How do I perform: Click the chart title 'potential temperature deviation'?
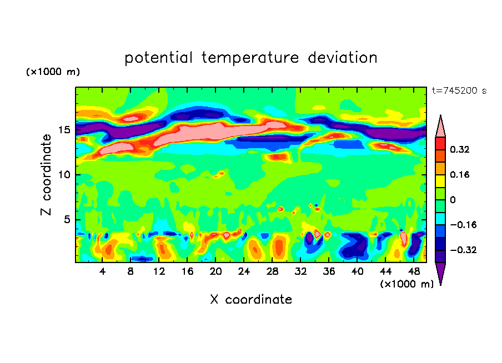251,58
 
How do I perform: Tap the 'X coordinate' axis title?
251,300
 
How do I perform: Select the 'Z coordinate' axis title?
47,175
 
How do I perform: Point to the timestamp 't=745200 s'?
459,91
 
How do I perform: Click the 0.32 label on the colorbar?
460,149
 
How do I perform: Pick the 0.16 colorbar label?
460,174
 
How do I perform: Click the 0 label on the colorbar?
453,200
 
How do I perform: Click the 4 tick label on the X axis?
103,271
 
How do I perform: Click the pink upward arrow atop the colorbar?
440,126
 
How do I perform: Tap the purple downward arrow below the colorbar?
440,273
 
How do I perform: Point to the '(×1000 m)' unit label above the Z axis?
53,72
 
